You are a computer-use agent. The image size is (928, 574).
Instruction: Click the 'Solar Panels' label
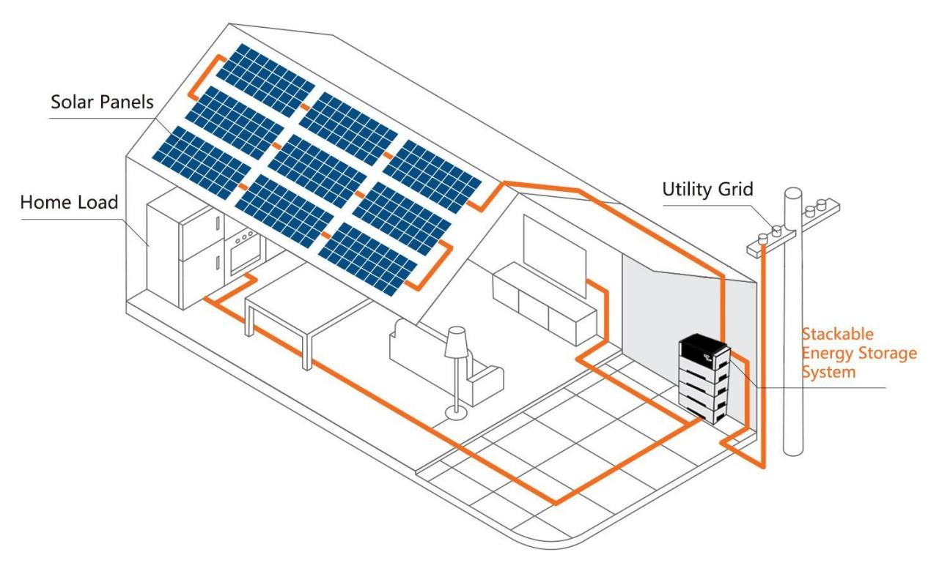coord(102,103)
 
